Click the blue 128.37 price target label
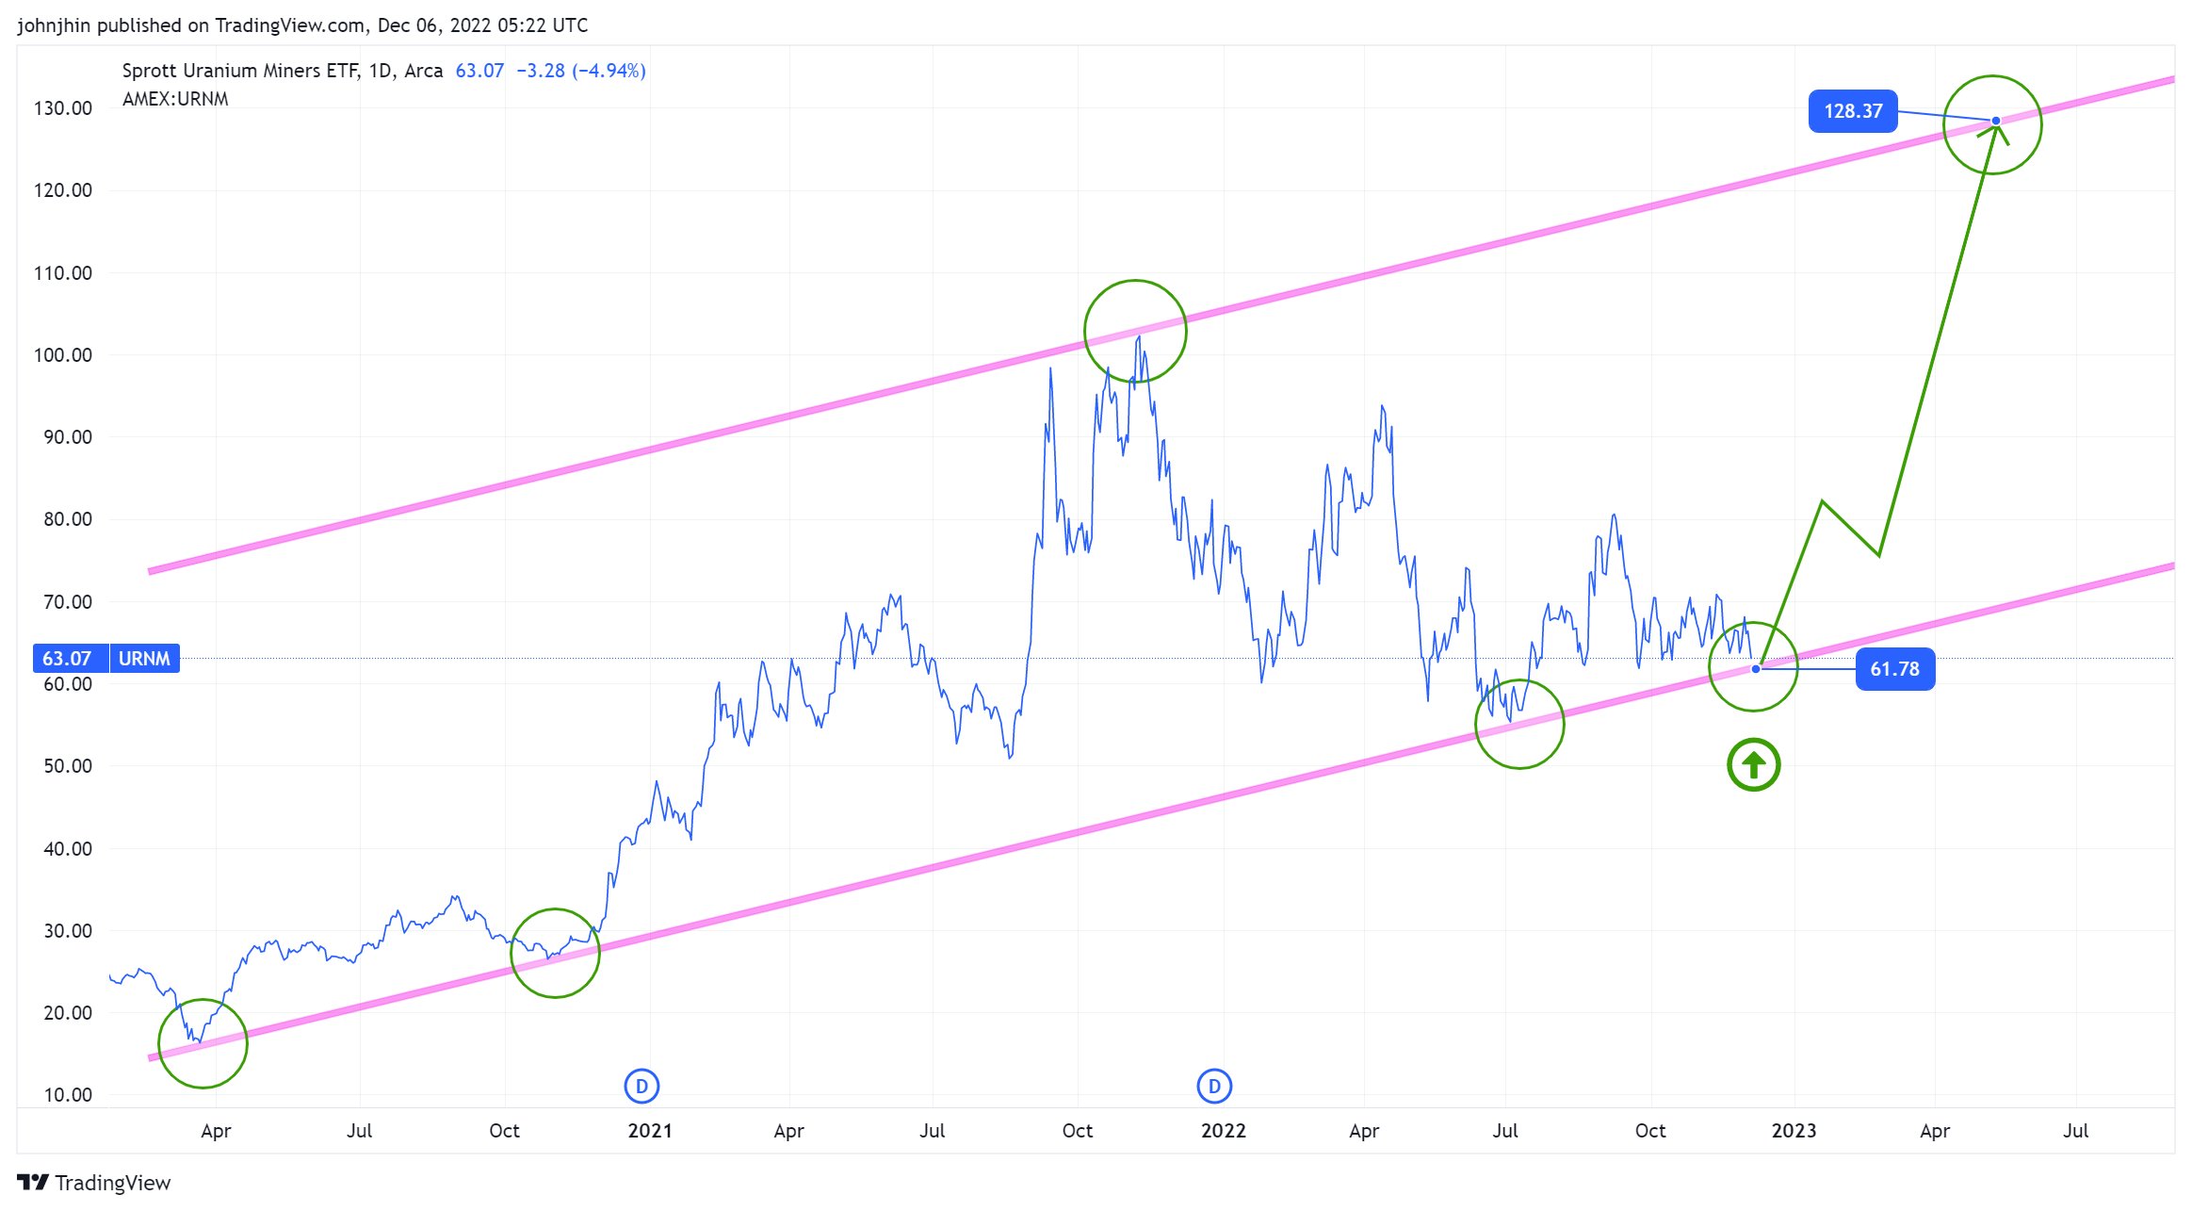(1852, 111)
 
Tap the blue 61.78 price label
(1894, 669)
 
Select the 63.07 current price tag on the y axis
(67, 659)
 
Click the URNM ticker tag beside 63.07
(144, 659)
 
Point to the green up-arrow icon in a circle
(1753, 765)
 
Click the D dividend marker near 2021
(641, 1087)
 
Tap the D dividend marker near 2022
(1214, 1087)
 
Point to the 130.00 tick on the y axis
(63, 108)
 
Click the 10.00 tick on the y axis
(67, 1095)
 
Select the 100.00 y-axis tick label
(63, 355)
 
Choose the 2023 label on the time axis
(1794, 1131)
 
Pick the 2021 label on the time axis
(650, 1131)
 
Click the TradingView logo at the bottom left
(93, 1183)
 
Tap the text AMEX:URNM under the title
(175, 99)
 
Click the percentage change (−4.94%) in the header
(609, 71)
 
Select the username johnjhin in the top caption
(54, 25)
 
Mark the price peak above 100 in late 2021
(1139, 336)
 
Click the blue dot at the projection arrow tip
(1995, 121)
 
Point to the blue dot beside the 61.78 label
(1756, 669)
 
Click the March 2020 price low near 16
(199, 1041)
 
